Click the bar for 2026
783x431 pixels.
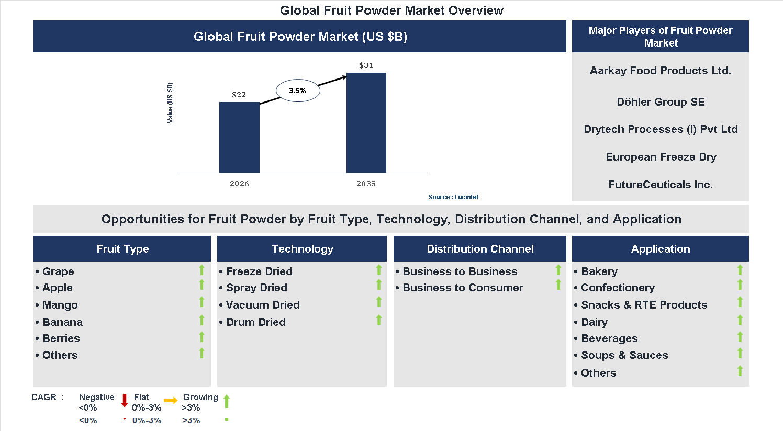coord(239,137)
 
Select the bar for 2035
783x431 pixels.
coord(366,122)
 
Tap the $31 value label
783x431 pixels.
coord(366,65)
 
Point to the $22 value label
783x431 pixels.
coord(239,95)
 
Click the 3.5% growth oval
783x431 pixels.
coord(297,90)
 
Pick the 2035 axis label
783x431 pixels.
coord(366,184)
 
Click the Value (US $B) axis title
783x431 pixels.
coord(170,103)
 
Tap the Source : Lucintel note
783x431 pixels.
coord(453,197)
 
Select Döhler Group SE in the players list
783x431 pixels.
coord(661,102)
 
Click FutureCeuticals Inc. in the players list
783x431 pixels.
coord(661,185)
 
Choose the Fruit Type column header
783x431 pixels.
coord(122,249)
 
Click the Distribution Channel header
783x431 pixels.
coord(480,249)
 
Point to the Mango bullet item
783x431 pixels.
coord(60,305)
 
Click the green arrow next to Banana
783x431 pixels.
coord(202,320)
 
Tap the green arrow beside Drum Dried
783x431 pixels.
coord(379,320)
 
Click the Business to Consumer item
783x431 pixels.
coord(463,288)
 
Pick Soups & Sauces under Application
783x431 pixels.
coord(624,355)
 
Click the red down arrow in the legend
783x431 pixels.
coord(125,401)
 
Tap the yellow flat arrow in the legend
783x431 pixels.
coord(171,401)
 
